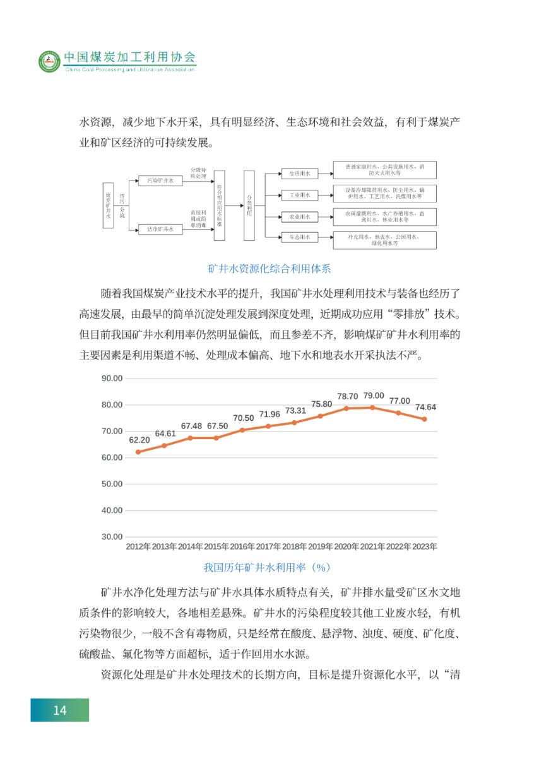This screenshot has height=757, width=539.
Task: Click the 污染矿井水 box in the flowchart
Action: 160,180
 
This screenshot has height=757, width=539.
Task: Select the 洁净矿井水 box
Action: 160,230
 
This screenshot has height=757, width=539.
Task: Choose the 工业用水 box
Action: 300,195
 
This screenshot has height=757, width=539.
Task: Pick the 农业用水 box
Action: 300,216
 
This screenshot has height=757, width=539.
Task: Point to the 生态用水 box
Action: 300,238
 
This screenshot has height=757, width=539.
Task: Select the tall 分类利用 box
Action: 249,206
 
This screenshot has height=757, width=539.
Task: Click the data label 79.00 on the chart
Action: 373,396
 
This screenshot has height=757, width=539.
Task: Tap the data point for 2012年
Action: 138,452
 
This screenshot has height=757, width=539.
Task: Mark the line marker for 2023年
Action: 424,419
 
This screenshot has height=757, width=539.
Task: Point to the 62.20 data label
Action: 138,440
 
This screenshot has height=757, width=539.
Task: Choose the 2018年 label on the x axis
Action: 295,546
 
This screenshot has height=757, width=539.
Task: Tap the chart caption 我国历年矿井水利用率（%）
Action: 268,567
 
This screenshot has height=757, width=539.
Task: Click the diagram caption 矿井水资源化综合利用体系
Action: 269,269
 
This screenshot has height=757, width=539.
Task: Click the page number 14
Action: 59,710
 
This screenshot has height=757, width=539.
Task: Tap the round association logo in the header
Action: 49,61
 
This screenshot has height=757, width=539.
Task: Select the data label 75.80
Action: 321,404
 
